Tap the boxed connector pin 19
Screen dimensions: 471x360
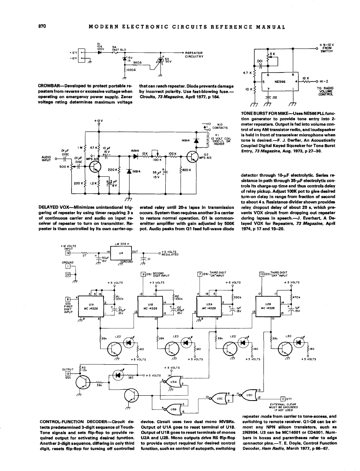point(69,253)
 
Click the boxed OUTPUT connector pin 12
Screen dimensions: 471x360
point(68,373)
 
